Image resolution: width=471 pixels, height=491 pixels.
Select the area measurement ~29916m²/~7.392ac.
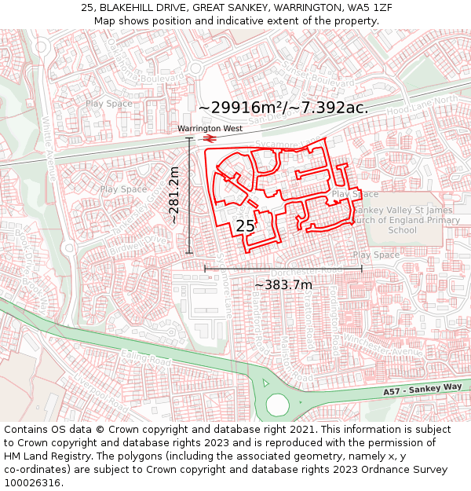[283, 108]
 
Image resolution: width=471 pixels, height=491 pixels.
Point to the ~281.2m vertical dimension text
[174, 195]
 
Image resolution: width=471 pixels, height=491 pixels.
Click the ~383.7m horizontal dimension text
[283, 284]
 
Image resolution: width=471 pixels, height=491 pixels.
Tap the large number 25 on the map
[246, 226]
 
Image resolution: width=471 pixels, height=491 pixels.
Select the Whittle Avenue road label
[49, 149]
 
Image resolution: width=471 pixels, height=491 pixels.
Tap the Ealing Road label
[157, 361]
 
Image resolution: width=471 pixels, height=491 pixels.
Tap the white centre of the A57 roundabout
[278, 404]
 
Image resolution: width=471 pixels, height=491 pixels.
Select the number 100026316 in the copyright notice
[32, 482]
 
